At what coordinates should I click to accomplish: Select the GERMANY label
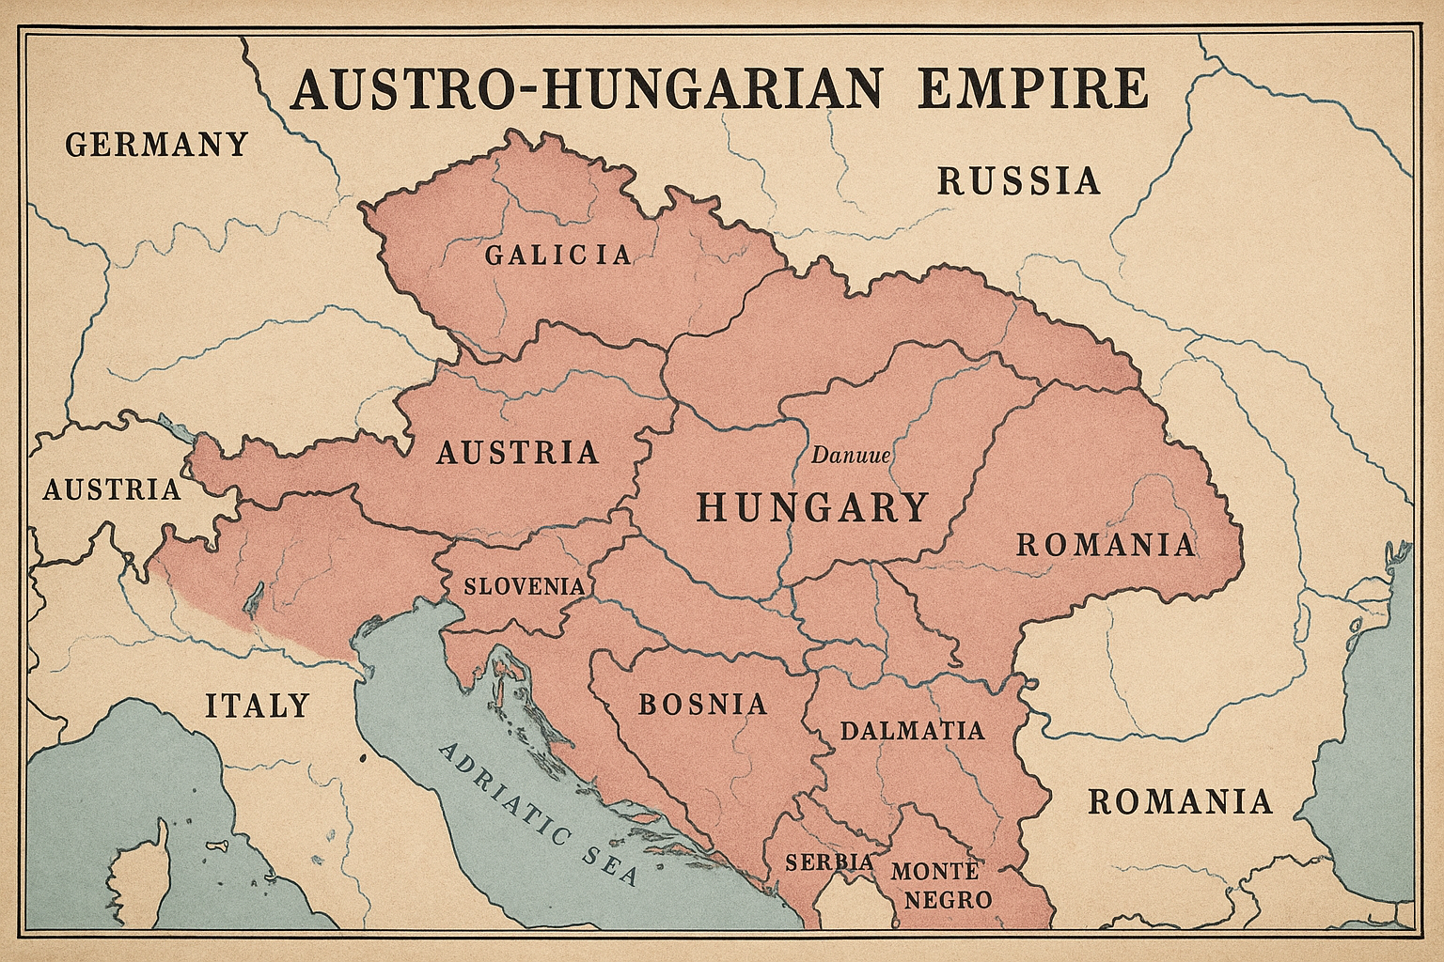pos(156,145)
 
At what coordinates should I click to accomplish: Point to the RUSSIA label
pos(1019,180)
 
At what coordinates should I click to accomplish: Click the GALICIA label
pos(558,255)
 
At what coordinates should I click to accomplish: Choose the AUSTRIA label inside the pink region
pos(518,453)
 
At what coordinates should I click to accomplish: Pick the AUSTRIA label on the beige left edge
pos(112,489)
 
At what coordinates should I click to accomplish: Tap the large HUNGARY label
pos(811,508)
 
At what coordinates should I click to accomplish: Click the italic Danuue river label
pos(850,457)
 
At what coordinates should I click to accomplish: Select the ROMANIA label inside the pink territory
pos(1106,545)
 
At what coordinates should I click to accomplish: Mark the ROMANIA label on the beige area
pos(1180,801)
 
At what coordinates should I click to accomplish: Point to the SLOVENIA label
pos(525,586)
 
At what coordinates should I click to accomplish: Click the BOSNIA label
pos(702,705)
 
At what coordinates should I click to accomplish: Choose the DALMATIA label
pos(912,731)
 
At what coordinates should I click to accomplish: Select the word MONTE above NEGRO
pos(935,870)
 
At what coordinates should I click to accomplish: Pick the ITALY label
pos(257,705)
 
